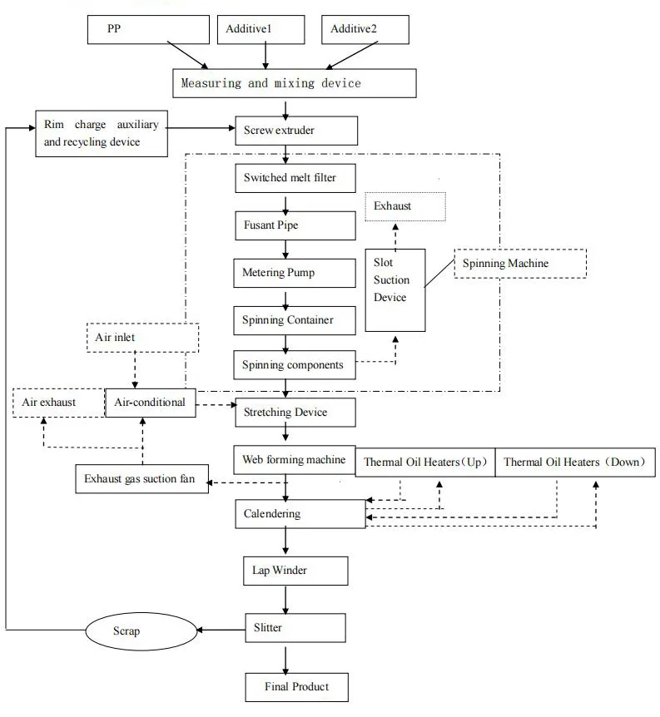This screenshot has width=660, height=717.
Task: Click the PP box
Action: [x=148, y=29]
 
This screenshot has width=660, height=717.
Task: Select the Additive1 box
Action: [x=265, y=29]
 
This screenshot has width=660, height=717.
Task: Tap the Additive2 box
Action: [x=366, y=29]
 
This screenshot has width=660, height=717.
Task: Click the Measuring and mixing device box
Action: [x=294, y=83]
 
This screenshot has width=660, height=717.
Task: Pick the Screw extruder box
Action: [x=296, y=131]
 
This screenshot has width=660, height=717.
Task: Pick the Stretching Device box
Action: [x=296, y=413]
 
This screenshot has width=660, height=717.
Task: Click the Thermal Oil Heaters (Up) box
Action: [x=424, y=462]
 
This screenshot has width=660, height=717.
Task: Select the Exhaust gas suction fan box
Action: [x=140, y=479]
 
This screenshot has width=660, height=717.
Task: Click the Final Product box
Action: [x=296, y=687]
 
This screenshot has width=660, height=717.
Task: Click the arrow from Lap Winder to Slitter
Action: [x=286, y=598]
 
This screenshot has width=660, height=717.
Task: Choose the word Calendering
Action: [x=272, y=513]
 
